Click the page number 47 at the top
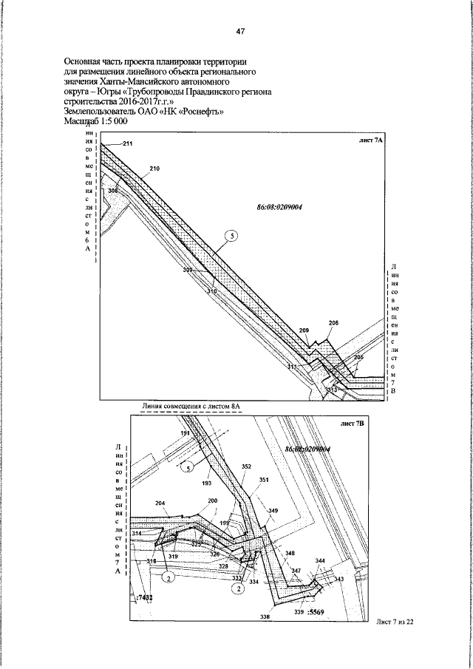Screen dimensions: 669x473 pos(240,32)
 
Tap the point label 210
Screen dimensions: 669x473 pos(154,169)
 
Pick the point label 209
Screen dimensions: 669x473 pos(304,330)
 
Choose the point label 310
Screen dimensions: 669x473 pos(212,291)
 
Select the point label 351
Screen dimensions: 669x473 pos(264,480)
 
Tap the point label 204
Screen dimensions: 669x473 pos(160,503)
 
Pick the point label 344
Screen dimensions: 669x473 pos(320,562)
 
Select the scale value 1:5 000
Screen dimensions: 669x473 pos(112,120)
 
